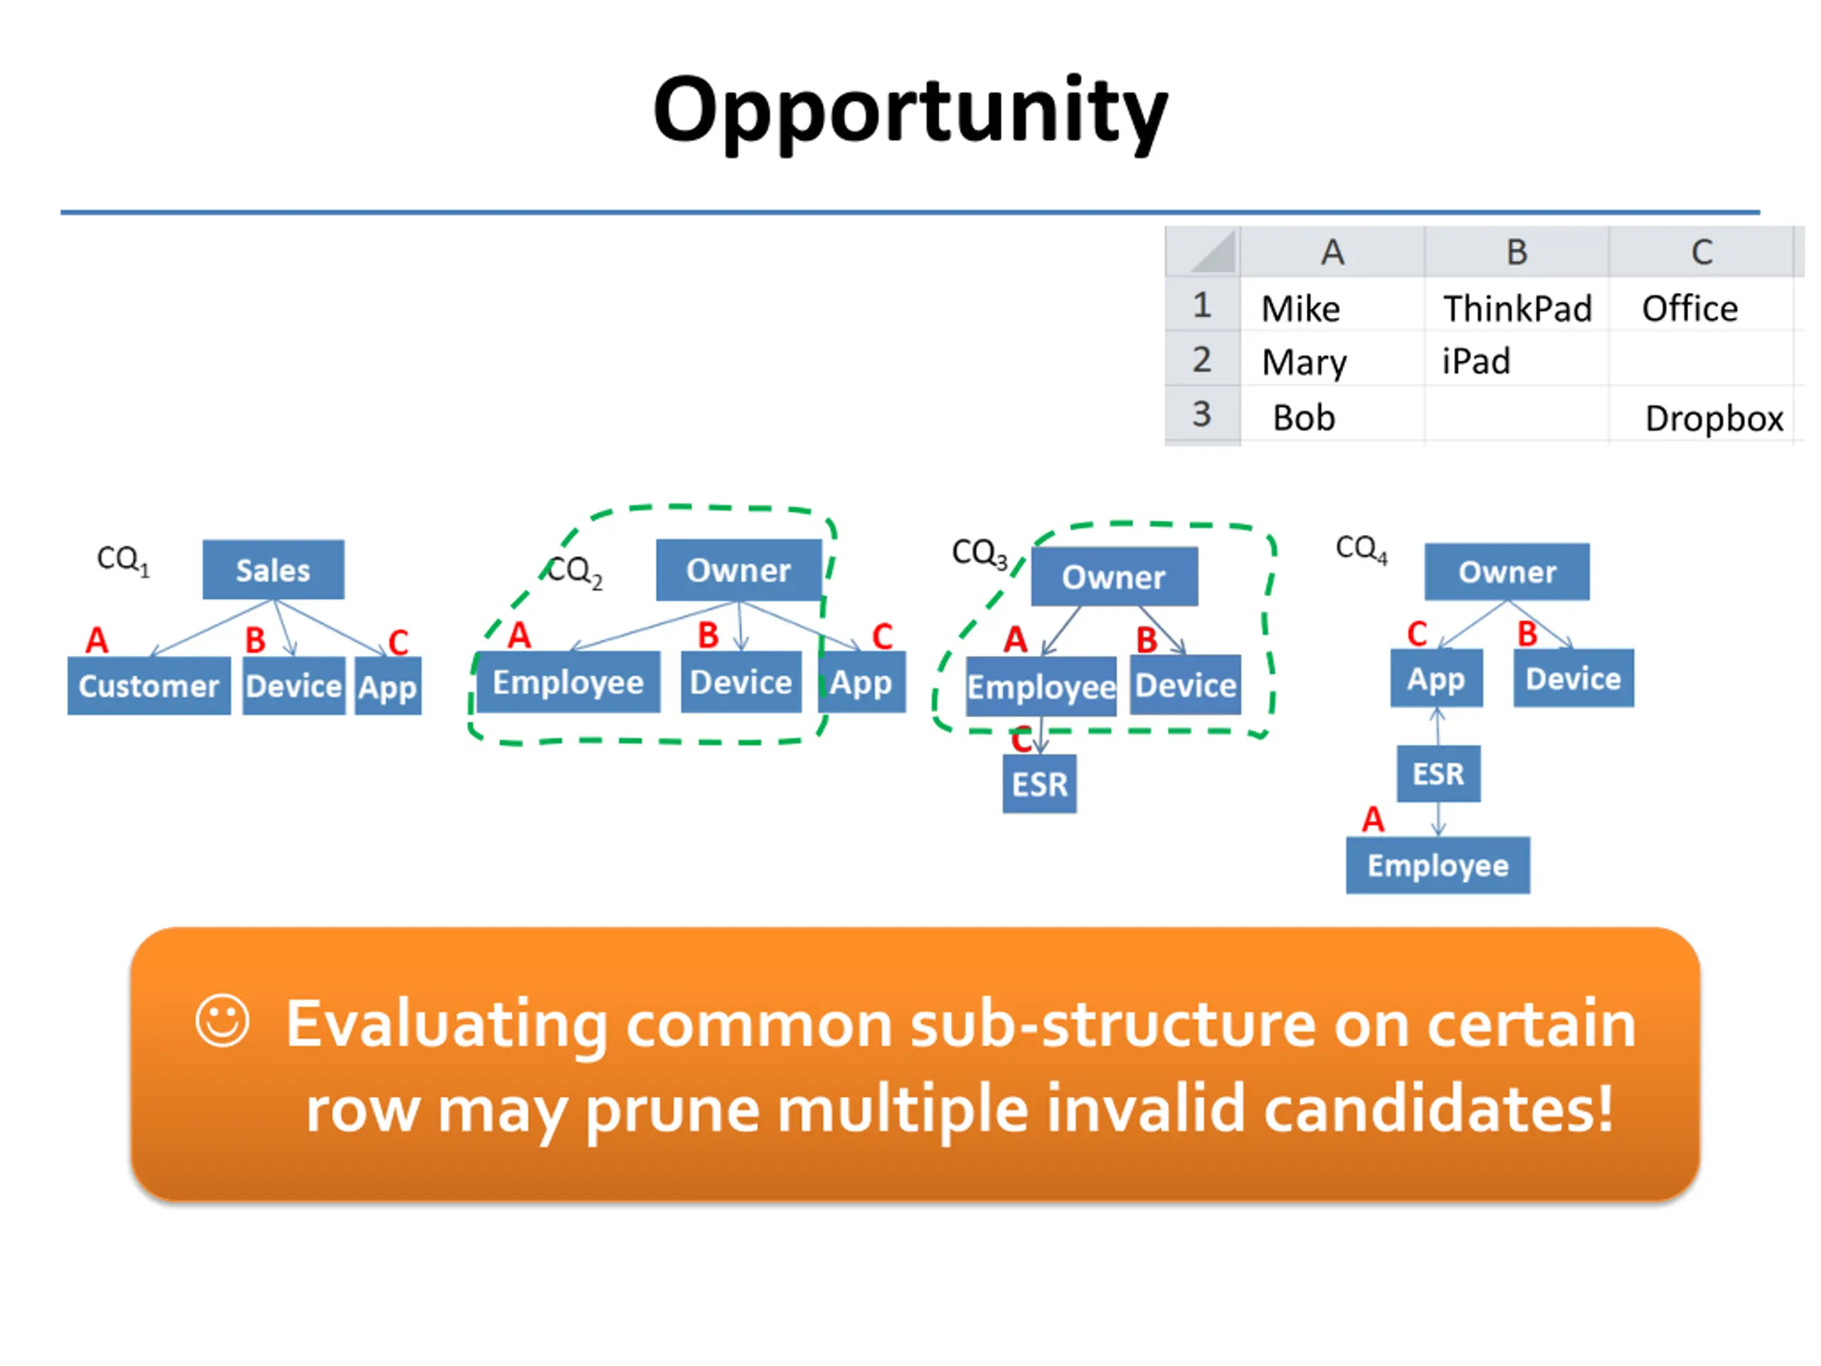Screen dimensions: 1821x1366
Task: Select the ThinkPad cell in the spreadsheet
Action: [1517, 308]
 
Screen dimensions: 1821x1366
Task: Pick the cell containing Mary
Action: [1333, 361]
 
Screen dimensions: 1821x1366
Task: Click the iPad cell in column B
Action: [1517, 361]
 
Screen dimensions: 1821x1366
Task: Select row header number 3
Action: [1202, 414]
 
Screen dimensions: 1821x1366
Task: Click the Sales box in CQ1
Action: [273, 570]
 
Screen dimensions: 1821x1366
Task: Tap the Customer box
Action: [149, 685]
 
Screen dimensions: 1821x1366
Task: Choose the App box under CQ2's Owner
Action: [862, 682]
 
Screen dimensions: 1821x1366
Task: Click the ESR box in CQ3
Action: [1040, 784]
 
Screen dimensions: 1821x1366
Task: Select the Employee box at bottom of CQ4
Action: [1438, 865]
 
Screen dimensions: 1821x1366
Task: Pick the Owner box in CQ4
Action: [1507, 571]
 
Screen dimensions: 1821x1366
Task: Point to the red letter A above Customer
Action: [97, 640]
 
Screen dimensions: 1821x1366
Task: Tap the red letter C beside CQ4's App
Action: [1417, 634]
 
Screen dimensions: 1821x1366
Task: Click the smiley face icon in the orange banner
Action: [222, 1021]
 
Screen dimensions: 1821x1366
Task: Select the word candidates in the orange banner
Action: [1438, 1108]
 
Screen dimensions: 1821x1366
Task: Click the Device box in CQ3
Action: [1186, 685]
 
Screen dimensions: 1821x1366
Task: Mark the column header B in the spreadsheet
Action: [1517, 252]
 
